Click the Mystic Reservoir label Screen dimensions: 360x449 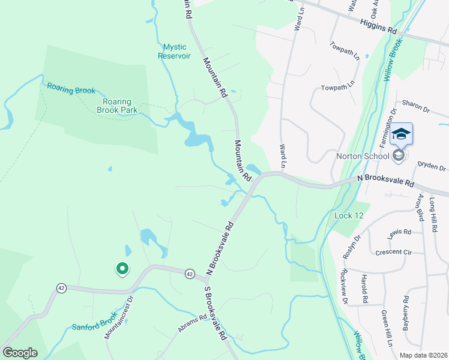click(x=174, y=51)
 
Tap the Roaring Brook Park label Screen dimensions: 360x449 click(x=119, y=106)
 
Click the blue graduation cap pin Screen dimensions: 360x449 click(x=401, y=134)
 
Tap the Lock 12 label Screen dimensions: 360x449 click(x=346, y=215)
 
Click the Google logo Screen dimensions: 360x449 click(x=20, y=353)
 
